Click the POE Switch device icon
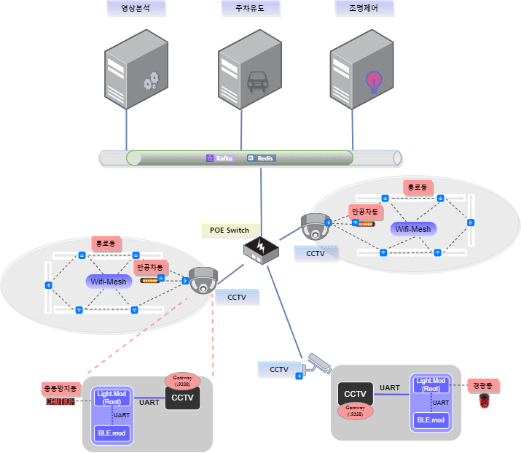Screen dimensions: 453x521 tap(261, 250)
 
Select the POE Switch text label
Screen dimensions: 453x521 tap(230, 230)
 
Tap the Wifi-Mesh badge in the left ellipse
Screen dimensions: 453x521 tap(108, 281)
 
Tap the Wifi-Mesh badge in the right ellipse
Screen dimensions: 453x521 tap(413, 228)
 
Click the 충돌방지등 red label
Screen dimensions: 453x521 tap(60, 389)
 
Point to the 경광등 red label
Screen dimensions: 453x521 tap(482, 384)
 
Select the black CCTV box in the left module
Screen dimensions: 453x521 tap(182, 398)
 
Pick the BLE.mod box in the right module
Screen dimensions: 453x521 tap(430, 420)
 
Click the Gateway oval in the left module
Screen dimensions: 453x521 tap(181, 380)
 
